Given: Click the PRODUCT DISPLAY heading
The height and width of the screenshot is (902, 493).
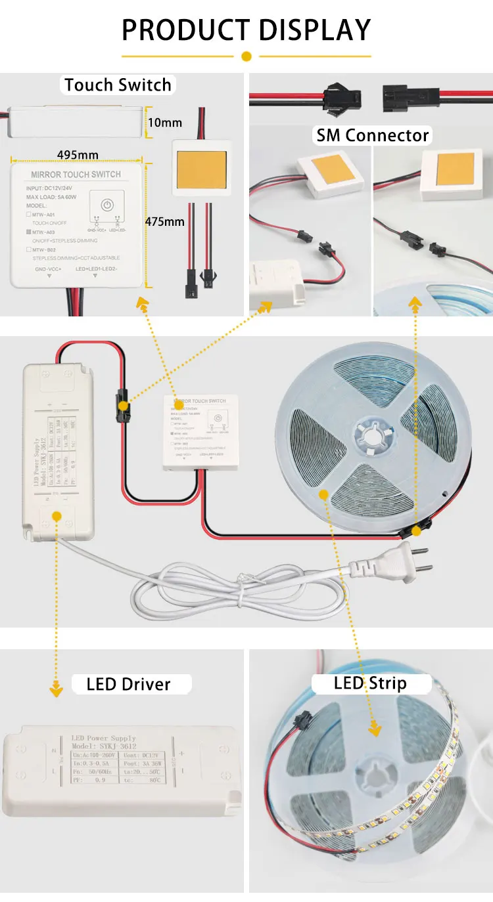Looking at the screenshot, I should pyautogui.click(x=246, y=30).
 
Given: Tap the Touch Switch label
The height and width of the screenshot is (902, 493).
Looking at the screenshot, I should pyautogui.click(x=118, y=85).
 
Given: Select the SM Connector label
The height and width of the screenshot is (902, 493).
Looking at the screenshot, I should pyautogui.click(x=373, y=135).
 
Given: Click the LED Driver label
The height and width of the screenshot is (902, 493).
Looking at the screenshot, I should pyautogui.click(x=128, y=684).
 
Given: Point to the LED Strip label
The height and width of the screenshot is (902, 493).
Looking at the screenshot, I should pyautogui.click(x=370, y=683).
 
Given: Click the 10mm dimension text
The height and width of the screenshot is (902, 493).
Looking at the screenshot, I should pyautogui.click(x=165, y=123).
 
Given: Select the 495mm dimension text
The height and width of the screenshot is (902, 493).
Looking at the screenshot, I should pyautogui.click(x=78, y=155).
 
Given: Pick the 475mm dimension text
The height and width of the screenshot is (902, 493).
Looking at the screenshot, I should pyautogui.click(x=165, y=221).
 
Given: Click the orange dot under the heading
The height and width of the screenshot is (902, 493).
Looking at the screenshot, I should pyautogui.click(x=246, y=56).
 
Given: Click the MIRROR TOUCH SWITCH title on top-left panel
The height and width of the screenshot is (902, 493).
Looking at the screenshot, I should pyautogui.click(x=76, y=174).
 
